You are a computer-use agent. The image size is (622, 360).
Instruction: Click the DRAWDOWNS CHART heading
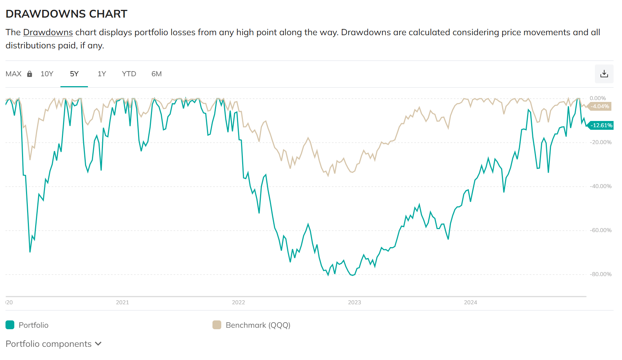tap(66, 14)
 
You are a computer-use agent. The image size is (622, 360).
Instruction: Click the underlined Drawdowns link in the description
tap(48, 32)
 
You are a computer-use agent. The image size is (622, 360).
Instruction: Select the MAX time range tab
tap(14, 74)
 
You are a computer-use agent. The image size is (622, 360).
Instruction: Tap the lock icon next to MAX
tap(30, 74)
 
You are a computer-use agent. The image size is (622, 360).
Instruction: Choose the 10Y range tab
tap(47, 74)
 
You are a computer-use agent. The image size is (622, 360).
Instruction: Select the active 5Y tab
tap(74, 74)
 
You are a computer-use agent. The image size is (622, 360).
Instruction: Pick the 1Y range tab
tap(102, 74)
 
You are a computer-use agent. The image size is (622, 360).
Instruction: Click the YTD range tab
tap(129, 74)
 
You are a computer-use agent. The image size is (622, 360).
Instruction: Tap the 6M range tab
tap(156, 74)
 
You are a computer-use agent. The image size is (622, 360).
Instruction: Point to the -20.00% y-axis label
tap(600, 142)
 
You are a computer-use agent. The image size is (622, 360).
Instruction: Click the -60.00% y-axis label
tap(600, 230)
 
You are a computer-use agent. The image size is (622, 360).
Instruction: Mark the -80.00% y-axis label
tap(600, 274)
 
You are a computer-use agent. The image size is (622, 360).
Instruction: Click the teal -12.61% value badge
tap(601, 125)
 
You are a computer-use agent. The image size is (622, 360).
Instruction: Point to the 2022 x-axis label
tap(238, 302)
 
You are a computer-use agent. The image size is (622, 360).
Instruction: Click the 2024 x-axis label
tap(470, 302)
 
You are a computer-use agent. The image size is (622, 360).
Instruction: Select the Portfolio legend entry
tap(27, 325)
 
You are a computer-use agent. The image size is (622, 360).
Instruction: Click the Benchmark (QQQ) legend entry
tap(252, 325)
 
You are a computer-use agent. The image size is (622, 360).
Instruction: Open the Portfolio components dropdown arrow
tap(98, 344)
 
